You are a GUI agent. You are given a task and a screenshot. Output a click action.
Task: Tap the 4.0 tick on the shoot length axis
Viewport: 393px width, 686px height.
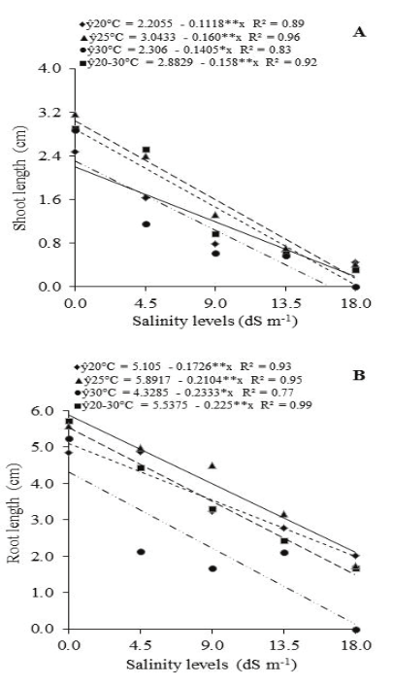[x=49, y=68]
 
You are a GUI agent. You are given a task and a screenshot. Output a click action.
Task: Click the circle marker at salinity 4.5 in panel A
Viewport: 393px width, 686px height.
[x=146, y=224]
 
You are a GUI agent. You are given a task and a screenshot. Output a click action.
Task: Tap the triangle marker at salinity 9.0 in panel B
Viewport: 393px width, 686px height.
[x=213, y=466]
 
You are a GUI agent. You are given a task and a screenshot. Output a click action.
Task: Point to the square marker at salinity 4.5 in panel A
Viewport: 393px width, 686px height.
[x=146, y=151]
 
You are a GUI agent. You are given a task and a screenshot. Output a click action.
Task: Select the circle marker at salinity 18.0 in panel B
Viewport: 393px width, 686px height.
[x=356, y=630]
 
